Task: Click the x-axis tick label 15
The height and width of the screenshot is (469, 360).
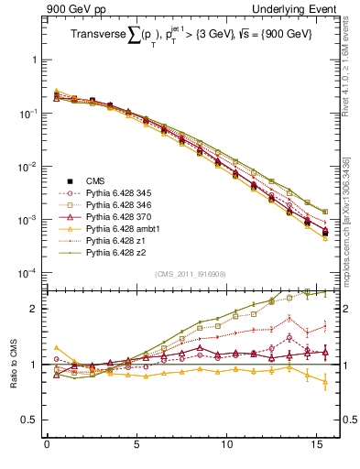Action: point(315,448)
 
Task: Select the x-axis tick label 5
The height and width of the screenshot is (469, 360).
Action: point(136,448)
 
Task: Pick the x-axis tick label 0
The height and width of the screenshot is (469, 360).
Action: point(47,448)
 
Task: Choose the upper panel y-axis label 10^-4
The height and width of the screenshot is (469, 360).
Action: point(27,274)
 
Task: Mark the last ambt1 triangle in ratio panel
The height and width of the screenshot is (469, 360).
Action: point(324,383)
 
